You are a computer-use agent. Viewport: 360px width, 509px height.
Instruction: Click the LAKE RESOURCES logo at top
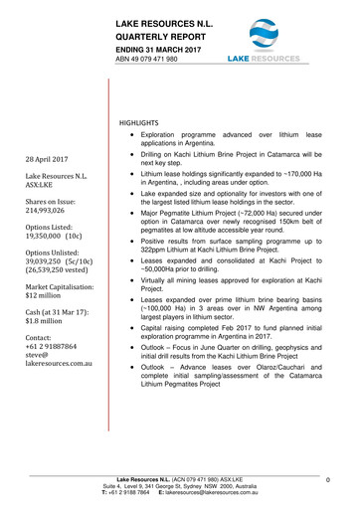[264, 40]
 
